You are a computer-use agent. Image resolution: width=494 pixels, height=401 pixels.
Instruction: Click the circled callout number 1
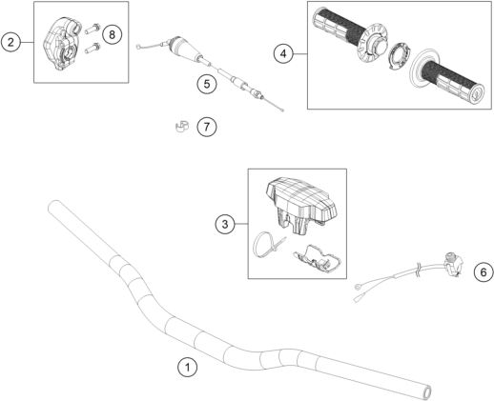pos(187,368)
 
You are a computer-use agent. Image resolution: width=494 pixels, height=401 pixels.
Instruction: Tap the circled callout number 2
pos(10,42)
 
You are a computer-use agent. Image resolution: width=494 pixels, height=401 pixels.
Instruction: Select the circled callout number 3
pos(225,224)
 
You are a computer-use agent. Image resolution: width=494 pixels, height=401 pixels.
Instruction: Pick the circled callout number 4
pos(283,54)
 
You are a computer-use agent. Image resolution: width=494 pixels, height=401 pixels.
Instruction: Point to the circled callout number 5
pos(207,84)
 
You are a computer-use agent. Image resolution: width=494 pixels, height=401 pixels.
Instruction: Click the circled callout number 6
pos(484,272)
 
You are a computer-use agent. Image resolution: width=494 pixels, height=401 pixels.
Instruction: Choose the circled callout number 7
pos(207,127)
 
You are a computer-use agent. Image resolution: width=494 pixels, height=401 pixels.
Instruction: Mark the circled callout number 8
pos(112,34)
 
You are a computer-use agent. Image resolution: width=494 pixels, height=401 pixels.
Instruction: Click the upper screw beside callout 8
pos(93,29)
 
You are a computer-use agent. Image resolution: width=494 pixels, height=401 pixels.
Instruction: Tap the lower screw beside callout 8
pos(93,48)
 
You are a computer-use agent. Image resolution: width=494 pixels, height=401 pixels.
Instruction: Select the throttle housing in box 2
pos(61,44)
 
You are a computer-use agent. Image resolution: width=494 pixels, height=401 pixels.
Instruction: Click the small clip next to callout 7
pos(182,126)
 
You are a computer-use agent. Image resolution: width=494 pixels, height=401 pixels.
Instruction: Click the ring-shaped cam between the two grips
pos(399,55)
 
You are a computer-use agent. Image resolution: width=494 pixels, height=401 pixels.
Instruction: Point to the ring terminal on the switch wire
pos(359,288)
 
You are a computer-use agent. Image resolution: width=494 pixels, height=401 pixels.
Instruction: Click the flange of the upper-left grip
pos(375,41)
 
